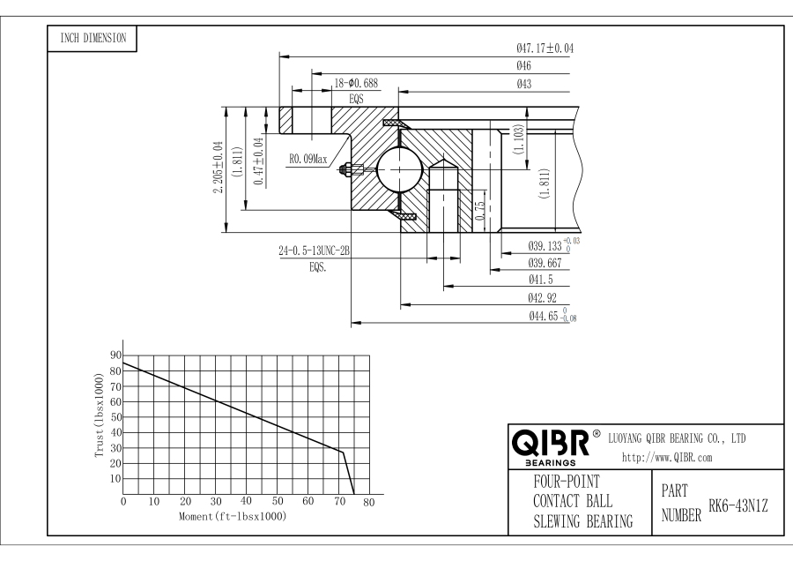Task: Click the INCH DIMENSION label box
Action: [x=91, y=38]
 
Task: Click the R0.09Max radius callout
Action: [x=308, y=161]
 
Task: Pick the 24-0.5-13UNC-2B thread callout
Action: [x=315, y=251]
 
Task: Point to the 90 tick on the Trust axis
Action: [x=115, y=355]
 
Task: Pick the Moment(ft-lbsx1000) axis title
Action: [x=232, y=515]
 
